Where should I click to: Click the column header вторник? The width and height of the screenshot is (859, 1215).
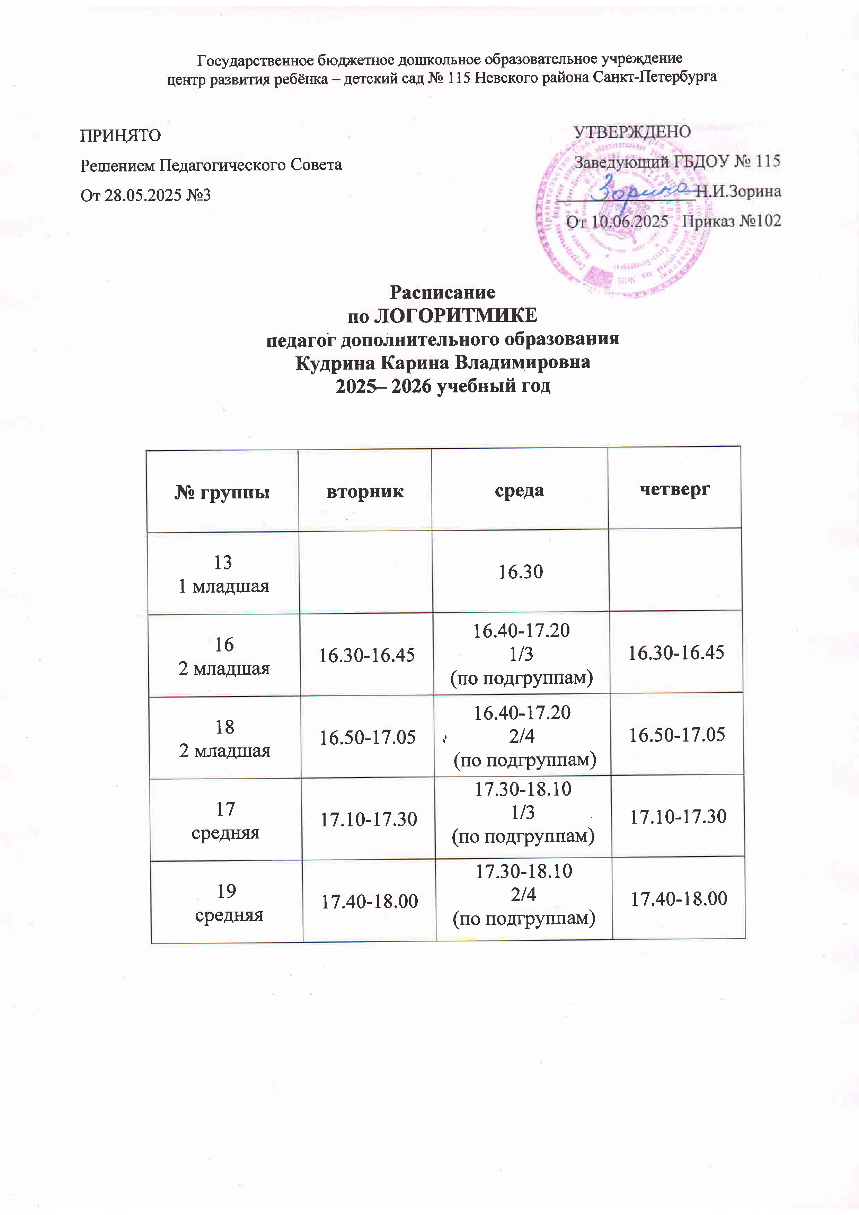coord(365,491)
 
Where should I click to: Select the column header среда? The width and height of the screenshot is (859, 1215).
coord(519,490)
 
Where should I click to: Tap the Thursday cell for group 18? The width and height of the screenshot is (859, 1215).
coord(676,735)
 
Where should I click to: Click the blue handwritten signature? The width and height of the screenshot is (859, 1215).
coord(640,190)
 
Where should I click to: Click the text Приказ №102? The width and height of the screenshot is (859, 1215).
coord(731,221)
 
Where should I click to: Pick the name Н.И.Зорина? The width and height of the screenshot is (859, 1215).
coord(738,191)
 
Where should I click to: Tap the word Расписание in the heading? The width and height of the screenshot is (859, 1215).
coord(442,292)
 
